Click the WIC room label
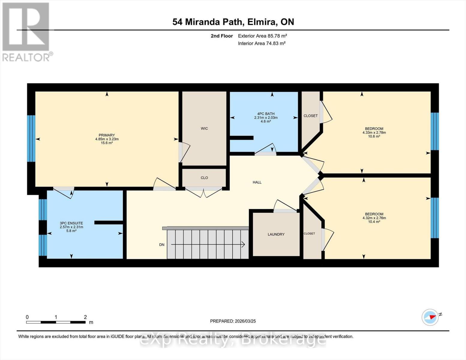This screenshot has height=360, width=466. pyautogui.click(x=204, y=128)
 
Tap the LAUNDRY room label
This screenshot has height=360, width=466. pyautogui.click(x=276, y=234)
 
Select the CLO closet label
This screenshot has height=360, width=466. pyautogui.click(x=204, y=178)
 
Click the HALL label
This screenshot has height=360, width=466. pyautogui.click(x=257, y=182)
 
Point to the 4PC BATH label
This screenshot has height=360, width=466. pyautogui.click(x=266, y=114)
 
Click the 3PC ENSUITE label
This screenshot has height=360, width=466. pyautogui.click(x=71, y=223)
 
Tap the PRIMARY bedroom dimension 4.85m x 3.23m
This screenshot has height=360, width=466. pyautogui.click(x=107, y=139)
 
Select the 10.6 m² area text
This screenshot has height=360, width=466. pyautogui.click(x=374, y=136)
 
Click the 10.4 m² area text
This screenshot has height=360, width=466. pyautogui.click(x=374, y=222)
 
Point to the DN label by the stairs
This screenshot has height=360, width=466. pyautogui.click(x=162, y=244)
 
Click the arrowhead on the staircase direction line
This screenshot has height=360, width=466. pyautogui.click(x=243, y=244)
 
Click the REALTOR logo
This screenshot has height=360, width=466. pyautogui.click(x=26, y=31)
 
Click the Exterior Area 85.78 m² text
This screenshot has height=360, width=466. pyautogui.click(x=262, y=36)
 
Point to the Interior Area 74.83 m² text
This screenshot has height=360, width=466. pyautogui.click(x=262, y=43)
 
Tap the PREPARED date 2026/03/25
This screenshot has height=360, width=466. pyautogui.click(x=233, y=321)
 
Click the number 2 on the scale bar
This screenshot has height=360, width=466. pyautogui.click(x=85, y=317)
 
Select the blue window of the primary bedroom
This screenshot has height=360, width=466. pyautogui.click(x=31, y=139)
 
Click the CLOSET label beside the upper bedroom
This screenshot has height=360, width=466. pyautogui.click(x=311, y=116)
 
